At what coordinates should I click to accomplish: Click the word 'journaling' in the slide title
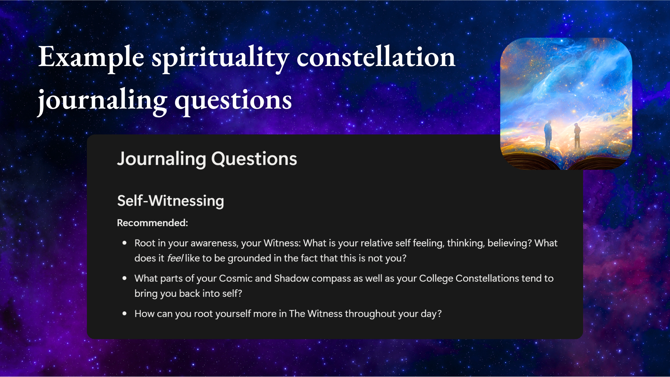(102, 101)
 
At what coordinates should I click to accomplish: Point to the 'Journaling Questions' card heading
(207, 159)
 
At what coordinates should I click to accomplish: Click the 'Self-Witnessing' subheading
(171, 201)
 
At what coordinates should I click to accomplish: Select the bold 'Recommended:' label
(152, 223)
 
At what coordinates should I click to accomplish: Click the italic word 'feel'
(175, 258)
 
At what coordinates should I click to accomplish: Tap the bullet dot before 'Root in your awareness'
(125, 243)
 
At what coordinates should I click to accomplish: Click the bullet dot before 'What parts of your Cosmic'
(125, 278)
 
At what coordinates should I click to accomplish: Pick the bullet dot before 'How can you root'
(125, 313)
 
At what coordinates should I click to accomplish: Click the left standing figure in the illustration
(548, 135)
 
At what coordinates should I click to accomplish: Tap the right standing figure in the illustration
(577, 136)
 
